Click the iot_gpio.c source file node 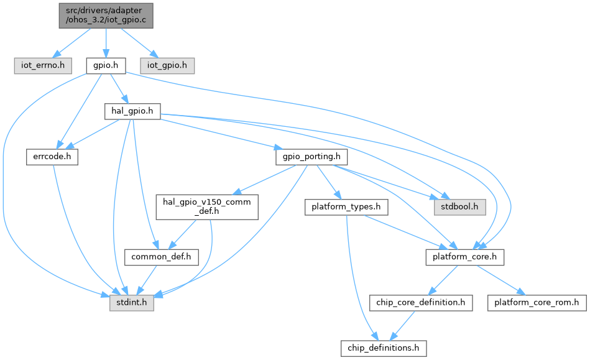pyautogui.click(x=105, y=15)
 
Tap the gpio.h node pyautogui.click(x=105, y=65)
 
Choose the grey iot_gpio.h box pyautogui.click(x=167, y=65)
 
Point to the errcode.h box pyautogui.click(x=52, y=157)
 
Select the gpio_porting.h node pyautogui.click(x=302, y=157)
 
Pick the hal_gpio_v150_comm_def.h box pyautogui.click(x=206, y=206)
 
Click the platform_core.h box pyautogui.click(x=464, y=256)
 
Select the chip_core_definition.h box pyautogui.click(x=420, y=303)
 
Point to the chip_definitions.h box pyautogui.click(x=383, y=347)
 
